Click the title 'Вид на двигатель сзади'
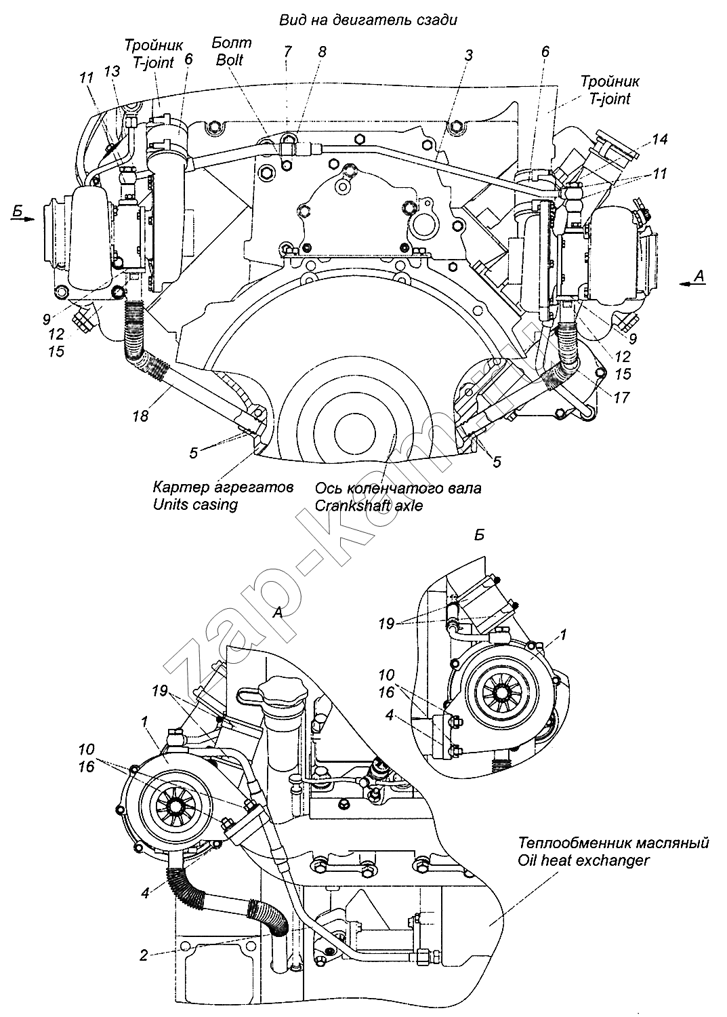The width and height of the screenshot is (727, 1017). [368, 20]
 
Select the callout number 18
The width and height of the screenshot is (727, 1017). [141, 416]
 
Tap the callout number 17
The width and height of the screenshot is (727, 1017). [621, 397]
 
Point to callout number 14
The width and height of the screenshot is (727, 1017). [659, 140]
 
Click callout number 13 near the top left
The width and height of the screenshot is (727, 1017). [112, 71]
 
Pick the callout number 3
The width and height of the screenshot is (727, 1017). [469, 56]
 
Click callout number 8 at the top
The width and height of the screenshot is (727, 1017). [322, 52]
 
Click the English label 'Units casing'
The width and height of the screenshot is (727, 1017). [195, 504]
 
